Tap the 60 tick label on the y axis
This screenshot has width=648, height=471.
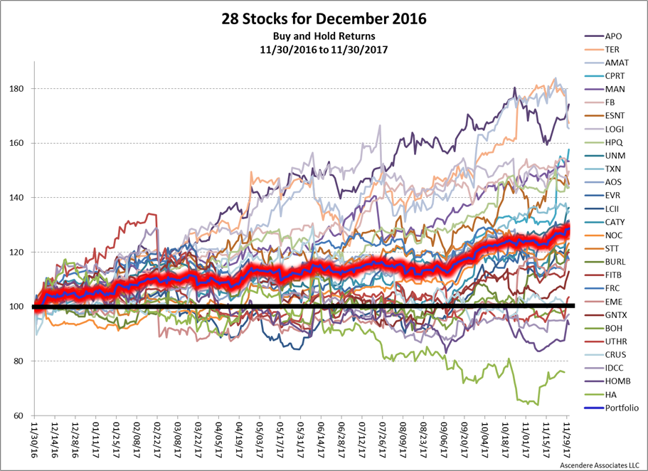pos(21,416)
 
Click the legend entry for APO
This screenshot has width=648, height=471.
pos(612,35)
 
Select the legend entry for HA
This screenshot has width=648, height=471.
pos(610,394)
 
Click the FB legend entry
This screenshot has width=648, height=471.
pos(610,102)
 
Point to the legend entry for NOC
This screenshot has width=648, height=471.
pos(612,235)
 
